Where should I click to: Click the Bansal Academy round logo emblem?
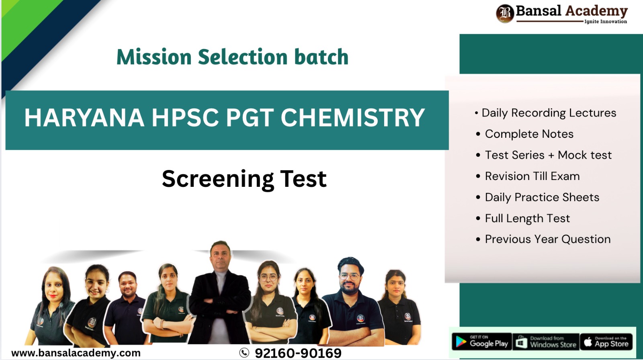coord(505,13)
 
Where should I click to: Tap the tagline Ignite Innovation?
coord(605,22)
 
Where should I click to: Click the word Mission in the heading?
coord(154,57)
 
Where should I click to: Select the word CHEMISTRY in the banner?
coord(352,118)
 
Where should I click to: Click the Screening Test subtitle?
coord(244,179)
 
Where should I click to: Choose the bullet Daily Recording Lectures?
coord(548,113)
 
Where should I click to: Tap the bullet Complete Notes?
coord(529,134)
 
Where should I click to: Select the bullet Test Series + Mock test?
coord(548,155)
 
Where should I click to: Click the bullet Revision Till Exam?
coord(532,176)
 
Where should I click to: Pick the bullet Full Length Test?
coord(527,218)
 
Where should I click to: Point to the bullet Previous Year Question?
coord(547,239)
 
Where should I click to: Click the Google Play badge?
coord(482,342)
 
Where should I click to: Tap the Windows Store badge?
coord(546,342)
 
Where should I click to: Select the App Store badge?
coord(606,342)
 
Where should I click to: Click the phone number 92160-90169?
coord(298,353)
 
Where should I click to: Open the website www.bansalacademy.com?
coord(76,353)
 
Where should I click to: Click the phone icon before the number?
coord(244,353)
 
